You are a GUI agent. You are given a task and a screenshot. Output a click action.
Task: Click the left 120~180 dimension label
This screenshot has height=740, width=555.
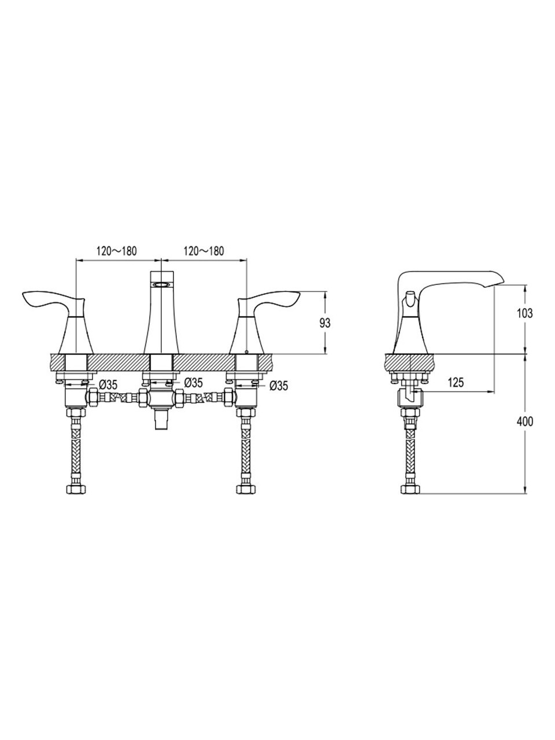(x=117, y=251)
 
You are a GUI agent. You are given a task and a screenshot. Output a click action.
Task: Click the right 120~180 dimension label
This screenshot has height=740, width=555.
(x=203, y=251)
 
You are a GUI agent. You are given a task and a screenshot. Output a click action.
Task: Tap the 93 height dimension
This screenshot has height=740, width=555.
(x=325, y=323)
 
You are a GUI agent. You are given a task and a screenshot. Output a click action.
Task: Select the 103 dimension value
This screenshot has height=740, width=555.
(x=525, y=313)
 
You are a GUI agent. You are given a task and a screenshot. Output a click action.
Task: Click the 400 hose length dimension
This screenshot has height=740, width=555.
(x=525, y=421)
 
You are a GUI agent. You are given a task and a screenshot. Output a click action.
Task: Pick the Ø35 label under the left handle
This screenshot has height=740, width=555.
(x=109, y=384)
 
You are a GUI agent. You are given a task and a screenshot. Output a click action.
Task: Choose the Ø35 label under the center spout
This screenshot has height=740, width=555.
(x=194, y=382)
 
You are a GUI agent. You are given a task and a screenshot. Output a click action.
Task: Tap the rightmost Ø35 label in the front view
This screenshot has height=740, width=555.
(x=279, y=386)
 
